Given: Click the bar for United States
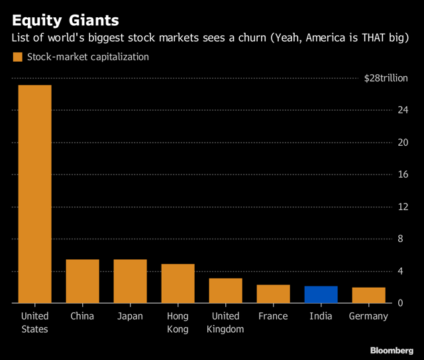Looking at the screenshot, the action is click(35, 194).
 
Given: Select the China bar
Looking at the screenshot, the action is click(82, 281).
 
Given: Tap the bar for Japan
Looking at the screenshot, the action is click(131, 281).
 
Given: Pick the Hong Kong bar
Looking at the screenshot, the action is click(178, 283).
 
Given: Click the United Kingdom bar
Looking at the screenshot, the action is click(225, 290).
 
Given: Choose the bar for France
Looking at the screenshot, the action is click(274, 294).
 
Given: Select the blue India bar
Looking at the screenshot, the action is click(321, 294).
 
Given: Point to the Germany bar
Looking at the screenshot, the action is click(369, 295).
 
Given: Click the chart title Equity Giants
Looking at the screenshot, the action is click(66, 21).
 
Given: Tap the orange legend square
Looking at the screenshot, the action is click(18, 57).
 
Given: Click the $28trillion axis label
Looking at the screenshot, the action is click(386, 78).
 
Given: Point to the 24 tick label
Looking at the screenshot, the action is click(403, 110).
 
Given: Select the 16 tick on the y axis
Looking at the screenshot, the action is click(403, 174).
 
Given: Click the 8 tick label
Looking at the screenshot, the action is click(400, 239).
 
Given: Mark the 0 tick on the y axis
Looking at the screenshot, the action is click(400, 303).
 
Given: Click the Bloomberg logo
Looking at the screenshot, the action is click(392, 351).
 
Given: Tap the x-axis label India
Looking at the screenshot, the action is click(321, 316).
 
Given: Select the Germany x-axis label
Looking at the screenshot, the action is click(368, 317).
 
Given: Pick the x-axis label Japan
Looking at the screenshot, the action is click(130, 317).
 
